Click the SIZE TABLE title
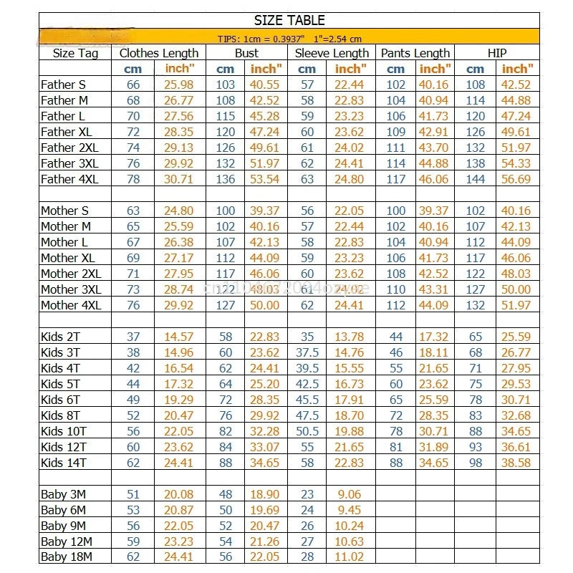pos(289,20)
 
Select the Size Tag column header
pos(75,53)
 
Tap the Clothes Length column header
pos(159,53)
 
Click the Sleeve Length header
pos(332,53)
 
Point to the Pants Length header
pos(415,53)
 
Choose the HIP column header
pos(496,53)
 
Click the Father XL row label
pos(67,132)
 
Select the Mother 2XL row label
pos(71,274)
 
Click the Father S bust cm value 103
pos(226,85)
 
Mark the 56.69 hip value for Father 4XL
pos(516,179)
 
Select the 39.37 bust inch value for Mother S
pos(264,211)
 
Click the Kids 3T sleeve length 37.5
pos(307,352)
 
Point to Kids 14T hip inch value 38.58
pos(516,463)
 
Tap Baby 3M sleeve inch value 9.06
pos(349,494)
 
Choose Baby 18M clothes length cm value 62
pos(133,557)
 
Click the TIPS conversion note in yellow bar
pos(289,39)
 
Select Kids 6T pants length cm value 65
pos(396,400)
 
